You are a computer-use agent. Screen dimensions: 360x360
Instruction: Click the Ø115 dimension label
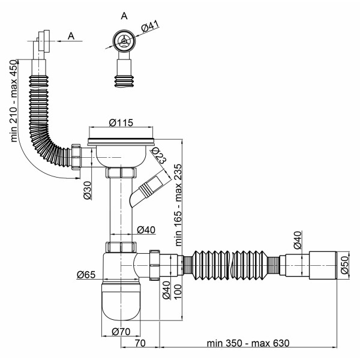pyautogui.click(x=121, y=122)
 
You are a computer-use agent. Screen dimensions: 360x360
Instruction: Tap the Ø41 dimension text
pyautogui.click(x=150, y=26)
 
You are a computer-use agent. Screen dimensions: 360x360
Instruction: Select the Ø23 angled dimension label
pyautogui.click(x=159, y=155)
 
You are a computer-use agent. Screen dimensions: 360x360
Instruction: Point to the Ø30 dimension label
pyautogui.click(x=88, y=190)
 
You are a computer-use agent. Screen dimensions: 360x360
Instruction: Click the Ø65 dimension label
pyautogui.click(x=86, y=275)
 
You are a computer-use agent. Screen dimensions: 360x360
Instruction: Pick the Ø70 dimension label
pyautogui.click(x=121, y=332)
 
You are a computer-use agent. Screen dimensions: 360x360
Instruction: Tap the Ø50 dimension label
pyautogui.click(x=344, y=265)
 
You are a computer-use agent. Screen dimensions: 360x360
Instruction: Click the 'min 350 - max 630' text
pyautogui.click(x=248, y=343)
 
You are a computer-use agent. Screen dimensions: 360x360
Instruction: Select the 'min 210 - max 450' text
pyautogui.click(x=14, y=101)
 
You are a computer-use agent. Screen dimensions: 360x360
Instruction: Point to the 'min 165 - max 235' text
pyautogui.click(x=178, y=205)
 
